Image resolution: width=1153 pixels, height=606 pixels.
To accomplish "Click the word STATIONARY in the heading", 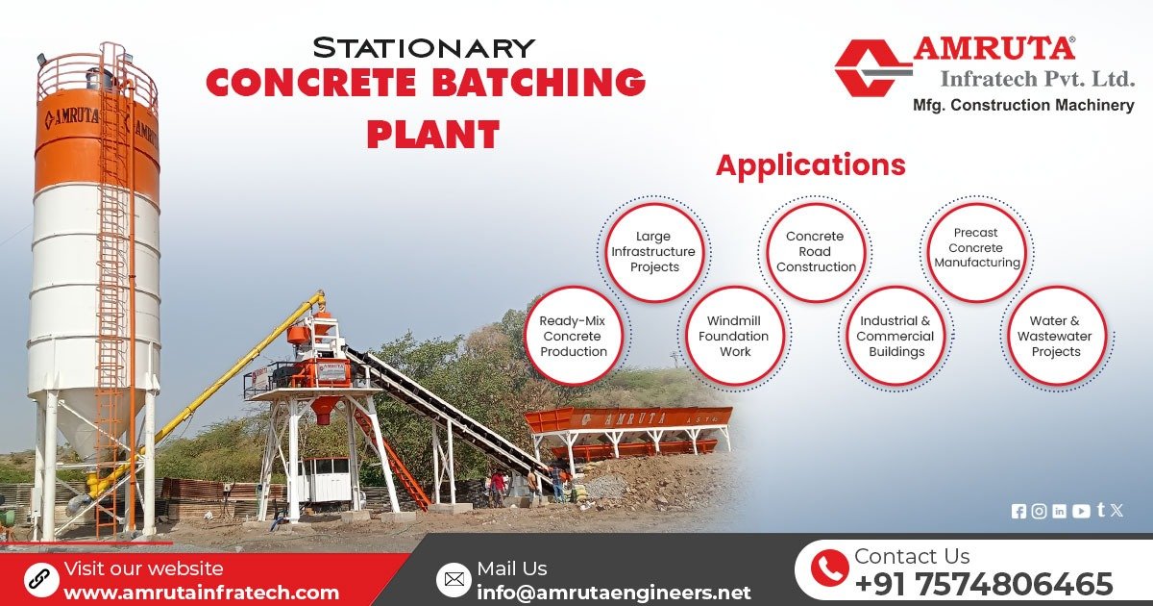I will pos(424,47).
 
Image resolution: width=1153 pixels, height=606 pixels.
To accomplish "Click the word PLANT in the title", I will pos(433,134).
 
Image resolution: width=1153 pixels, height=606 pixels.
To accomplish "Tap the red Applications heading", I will pos(810,165).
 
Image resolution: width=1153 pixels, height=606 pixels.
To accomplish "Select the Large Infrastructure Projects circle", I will pos(653,251).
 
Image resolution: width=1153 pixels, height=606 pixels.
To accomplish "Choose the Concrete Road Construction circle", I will pos(816,251).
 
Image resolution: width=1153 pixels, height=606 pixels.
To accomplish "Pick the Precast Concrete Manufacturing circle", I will pos(976,248).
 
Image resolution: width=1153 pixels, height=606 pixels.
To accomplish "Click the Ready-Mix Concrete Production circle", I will pos(574,336).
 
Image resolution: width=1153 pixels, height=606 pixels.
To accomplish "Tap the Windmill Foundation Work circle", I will pos(734,336).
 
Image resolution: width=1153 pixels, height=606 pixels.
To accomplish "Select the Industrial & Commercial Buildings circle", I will pos(895,336).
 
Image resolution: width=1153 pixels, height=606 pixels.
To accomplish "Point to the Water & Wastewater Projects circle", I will pos(1056,336).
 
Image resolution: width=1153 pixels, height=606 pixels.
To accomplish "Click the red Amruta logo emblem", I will pos(871,67).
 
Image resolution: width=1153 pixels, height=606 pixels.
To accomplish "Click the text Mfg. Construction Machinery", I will pos(1022,106).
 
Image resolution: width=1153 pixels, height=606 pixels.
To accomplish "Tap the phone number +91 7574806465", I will pos(983,584).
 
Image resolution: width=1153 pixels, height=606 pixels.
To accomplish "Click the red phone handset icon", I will pos(828,568).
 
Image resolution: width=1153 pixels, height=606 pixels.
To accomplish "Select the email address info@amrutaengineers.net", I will pos(613,593).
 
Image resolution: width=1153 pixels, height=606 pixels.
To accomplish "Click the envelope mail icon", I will pos(454,579).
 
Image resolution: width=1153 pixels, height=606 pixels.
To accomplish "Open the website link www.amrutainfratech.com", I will pos(201,593).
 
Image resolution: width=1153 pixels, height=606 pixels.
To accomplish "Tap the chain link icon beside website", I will pos(40,579).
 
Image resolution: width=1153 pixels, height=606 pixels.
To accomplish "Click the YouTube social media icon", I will pos(1081,512).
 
